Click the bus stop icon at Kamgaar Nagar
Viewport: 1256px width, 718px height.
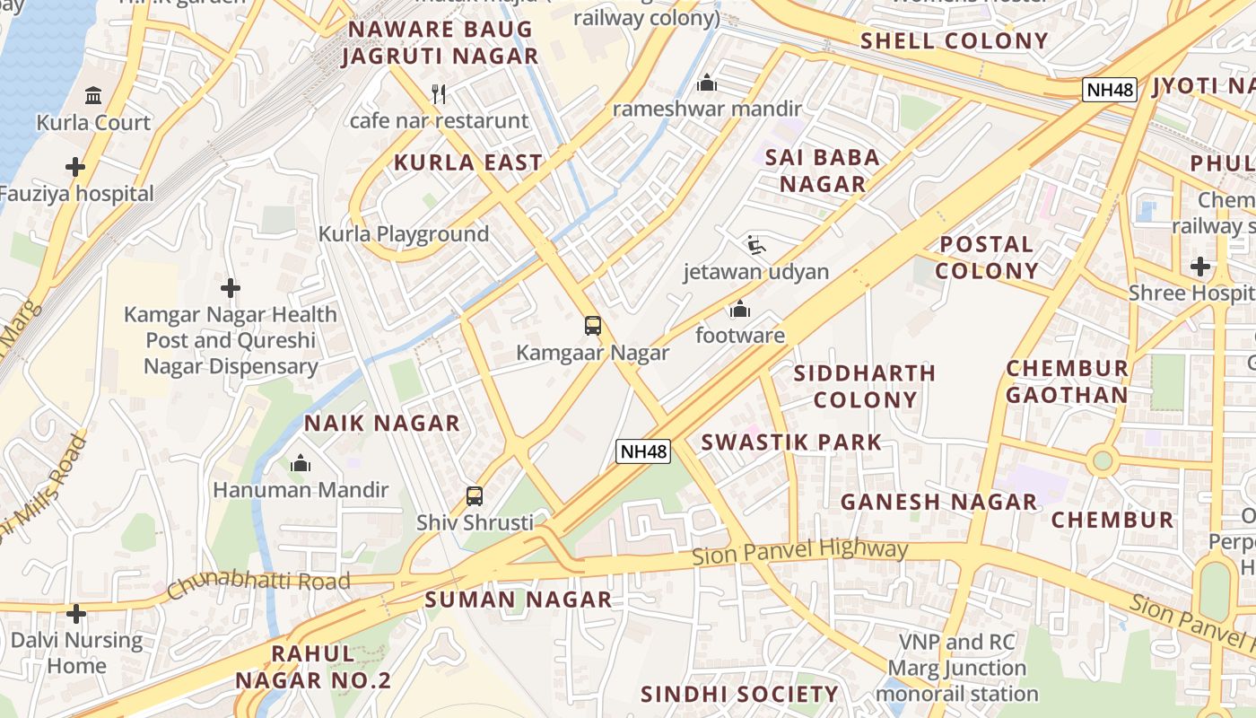pyautogui.click(x=592, y=326)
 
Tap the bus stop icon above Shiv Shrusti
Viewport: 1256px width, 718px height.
pyautogui.click(x=475, y=495)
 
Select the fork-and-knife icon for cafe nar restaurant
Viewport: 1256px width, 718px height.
pyautogui.click(x=439, y=93)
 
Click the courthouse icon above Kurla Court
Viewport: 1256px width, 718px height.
pyautogui.click(x=93, y=95)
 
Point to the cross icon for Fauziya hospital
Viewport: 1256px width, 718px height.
pyautogui.click(x=75, y=167)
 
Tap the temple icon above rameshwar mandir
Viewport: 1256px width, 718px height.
pyautogui.click(x=707, y=83)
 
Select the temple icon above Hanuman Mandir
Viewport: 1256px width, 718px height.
pyautogui.click(x=301, y=464)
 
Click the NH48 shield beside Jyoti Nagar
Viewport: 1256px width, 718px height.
pyautogui.click(x=1110, y=90)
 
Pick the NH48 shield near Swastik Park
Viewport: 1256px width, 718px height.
pyautogui.click(x=643, y=451)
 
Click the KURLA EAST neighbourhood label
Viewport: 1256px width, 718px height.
pyautogui.click(x=468, y=162)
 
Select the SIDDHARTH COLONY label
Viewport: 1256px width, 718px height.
pyautogui.click(x=865, y=386)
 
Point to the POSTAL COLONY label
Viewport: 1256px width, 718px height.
pyautogui.click(x=987, y=258)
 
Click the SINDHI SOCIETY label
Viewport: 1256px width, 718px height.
pyautogui.click(x=739, y=694)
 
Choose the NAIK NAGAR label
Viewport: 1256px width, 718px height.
pyautogui.click(x=381, y=423)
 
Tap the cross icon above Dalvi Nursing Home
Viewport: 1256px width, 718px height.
pyautogui.click(x=76, y=614)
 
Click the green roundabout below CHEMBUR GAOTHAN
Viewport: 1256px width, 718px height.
pyautogui.click(x=1103, y=461)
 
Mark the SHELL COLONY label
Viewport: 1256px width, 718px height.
pyautogui.click(x=955, y=40)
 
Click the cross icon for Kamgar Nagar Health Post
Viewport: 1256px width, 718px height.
pyautogui.click(x=231, y=288)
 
